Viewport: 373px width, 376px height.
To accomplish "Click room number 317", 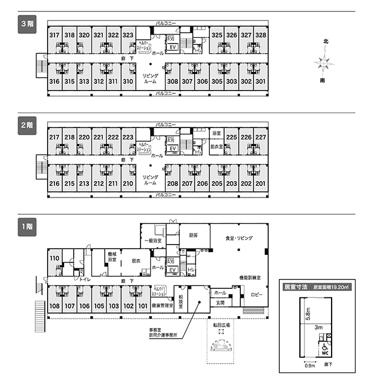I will coord(54,35).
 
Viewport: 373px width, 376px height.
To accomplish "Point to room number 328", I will coord(260,35).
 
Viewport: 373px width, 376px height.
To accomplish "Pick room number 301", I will coord(260,82).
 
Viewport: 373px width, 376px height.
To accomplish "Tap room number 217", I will coord(54,137).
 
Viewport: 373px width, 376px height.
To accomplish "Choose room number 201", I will coord(260,183).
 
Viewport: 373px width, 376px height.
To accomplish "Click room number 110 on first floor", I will coord(54,258).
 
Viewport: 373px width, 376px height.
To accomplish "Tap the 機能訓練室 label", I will coord(249,277).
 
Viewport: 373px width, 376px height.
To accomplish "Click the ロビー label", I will coord(256,295).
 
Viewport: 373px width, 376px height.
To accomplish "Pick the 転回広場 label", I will coord(221,325).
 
